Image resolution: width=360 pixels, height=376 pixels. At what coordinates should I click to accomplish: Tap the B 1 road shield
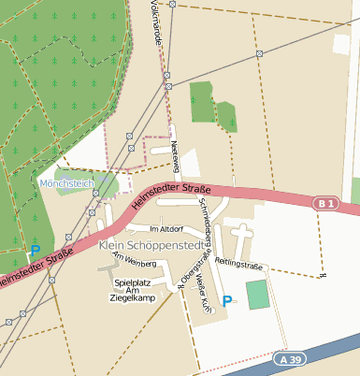pyautogui.click(x=324, y=203)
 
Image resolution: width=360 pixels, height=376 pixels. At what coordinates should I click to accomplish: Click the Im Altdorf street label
pyautogui.click(x=166, y=228)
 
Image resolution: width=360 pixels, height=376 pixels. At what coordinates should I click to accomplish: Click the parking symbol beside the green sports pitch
pyautogui.click(x=227, y=301)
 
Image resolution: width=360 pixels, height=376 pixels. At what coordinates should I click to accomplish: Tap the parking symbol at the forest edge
pyautogui.click(x=36, y=251)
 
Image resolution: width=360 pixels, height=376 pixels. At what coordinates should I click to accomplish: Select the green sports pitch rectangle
pyautogui.click(x=257, y=295)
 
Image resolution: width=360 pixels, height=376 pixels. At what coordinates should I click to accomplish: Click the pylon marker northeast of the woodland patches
pyautogui.click(x=259, y=53)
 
